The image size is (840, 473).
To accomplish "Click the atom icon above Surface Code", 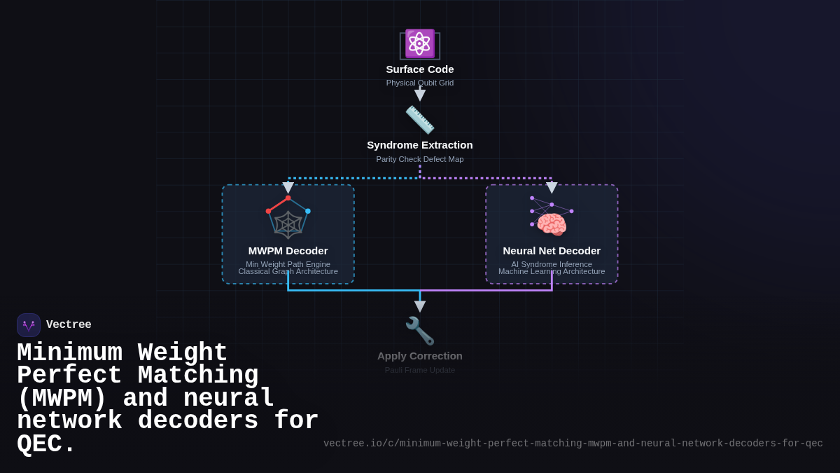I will (x=420, y=43).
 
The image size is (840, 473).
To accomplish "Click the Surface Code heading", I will (x=420, y=69).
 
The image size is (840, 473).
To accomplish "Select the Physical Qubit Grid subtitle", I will (x=420, y=83).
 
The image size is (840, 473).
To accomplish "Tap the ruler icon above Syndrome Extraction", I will (x=420, y=120).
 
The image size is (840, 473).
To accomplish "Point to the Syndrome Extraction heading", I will (x=420, y=145).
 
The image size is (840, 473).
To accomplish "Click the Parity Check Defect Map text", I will (x=420, y=159).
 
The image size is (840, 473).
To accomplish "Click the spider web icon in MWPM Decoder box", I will (x=288, y=224).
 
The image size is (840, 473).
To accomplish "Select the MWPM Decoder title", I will (x=288, y=251).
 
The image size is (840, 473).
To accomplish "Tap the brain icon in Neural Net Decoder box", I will (x=552, y=225).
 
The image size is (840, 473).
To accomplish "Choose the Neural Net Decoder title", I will (x=552, y=251).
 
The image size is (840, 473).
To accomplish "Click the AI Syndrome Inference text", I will (x=552, y=264).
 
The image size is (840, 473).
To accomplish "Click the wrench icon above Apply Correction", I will (x=420, y=331).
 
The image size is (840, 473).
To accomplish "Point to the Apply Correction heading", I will (x=420, y=356).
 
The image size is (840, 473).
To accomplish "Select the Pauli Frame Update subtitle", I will (x=420, y=370).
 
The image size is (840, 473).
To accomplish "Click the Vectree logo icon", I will (x=29, y=325).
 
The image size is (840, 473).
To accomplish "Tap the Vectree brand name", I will (x=69, y=325).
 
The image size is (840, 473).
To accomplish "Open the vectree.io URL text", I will (x=573, y=444).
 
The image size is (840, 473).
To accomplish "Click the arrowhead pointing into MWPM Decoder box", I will (x=288, y=188).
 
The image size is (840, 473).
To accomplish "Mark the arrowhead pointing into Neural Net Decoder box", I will (x=552, y=188).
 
